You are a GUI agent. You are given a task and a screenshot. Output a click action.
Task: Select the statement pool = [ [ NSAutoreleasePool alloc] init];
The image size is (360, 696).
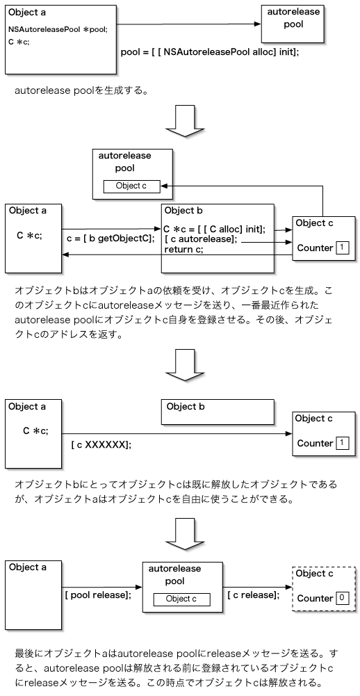[210, 52]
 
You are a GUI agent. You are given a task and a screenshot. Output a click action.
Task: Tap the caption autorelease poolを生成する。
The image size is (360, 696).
[80, 90]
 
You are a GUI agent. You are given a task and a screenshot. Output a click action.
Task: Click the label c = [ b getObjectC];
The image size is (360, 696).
[109, 238]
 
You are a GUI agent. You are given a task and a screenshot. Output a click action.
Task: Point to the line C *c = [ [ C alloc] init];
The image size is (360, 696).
[214, 229]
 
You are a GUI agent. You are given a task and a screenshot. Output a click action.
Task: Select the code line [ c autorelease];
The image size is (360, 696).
[201, 239]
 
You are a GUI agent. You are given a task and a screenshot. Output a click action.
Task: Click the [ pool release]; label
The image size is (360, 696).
[97, 595]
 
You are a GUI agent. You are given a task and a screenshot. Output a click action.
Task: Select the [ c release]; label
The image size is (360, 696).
[254, 595]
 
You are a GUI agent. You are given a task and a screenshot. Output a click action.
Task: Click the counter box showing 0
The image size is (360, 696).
[342, 598]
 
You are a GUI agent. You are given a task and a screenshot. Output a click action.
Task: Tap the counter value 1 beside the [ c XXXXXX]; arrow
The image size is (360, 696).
[342, 443]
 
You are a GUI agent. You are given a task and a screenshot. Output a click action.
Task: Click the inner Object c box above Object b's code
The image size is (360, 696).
[131, 186]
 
